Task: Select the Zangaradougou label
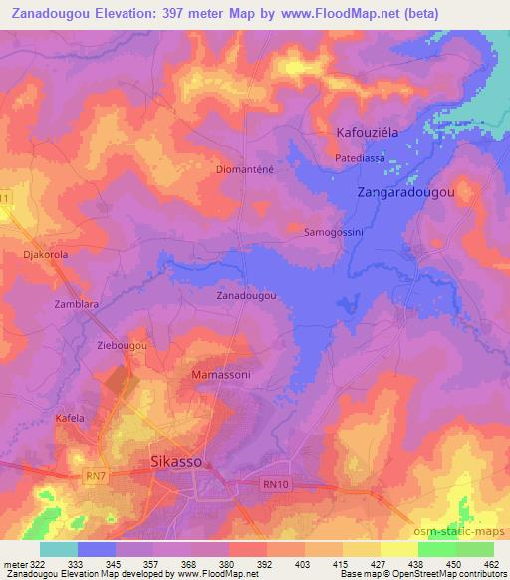pyautogui.click(x=406, y=193)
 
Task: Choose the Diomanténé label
pyautogui.click(x=245, y=169)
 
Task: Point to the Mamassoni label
pyautogui.click(x=218, y=375)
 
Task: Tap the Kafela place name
pyautogui.click(x=70, y=418)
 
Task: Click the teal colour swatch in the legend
pyautogui.click(x=58, y=549)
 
